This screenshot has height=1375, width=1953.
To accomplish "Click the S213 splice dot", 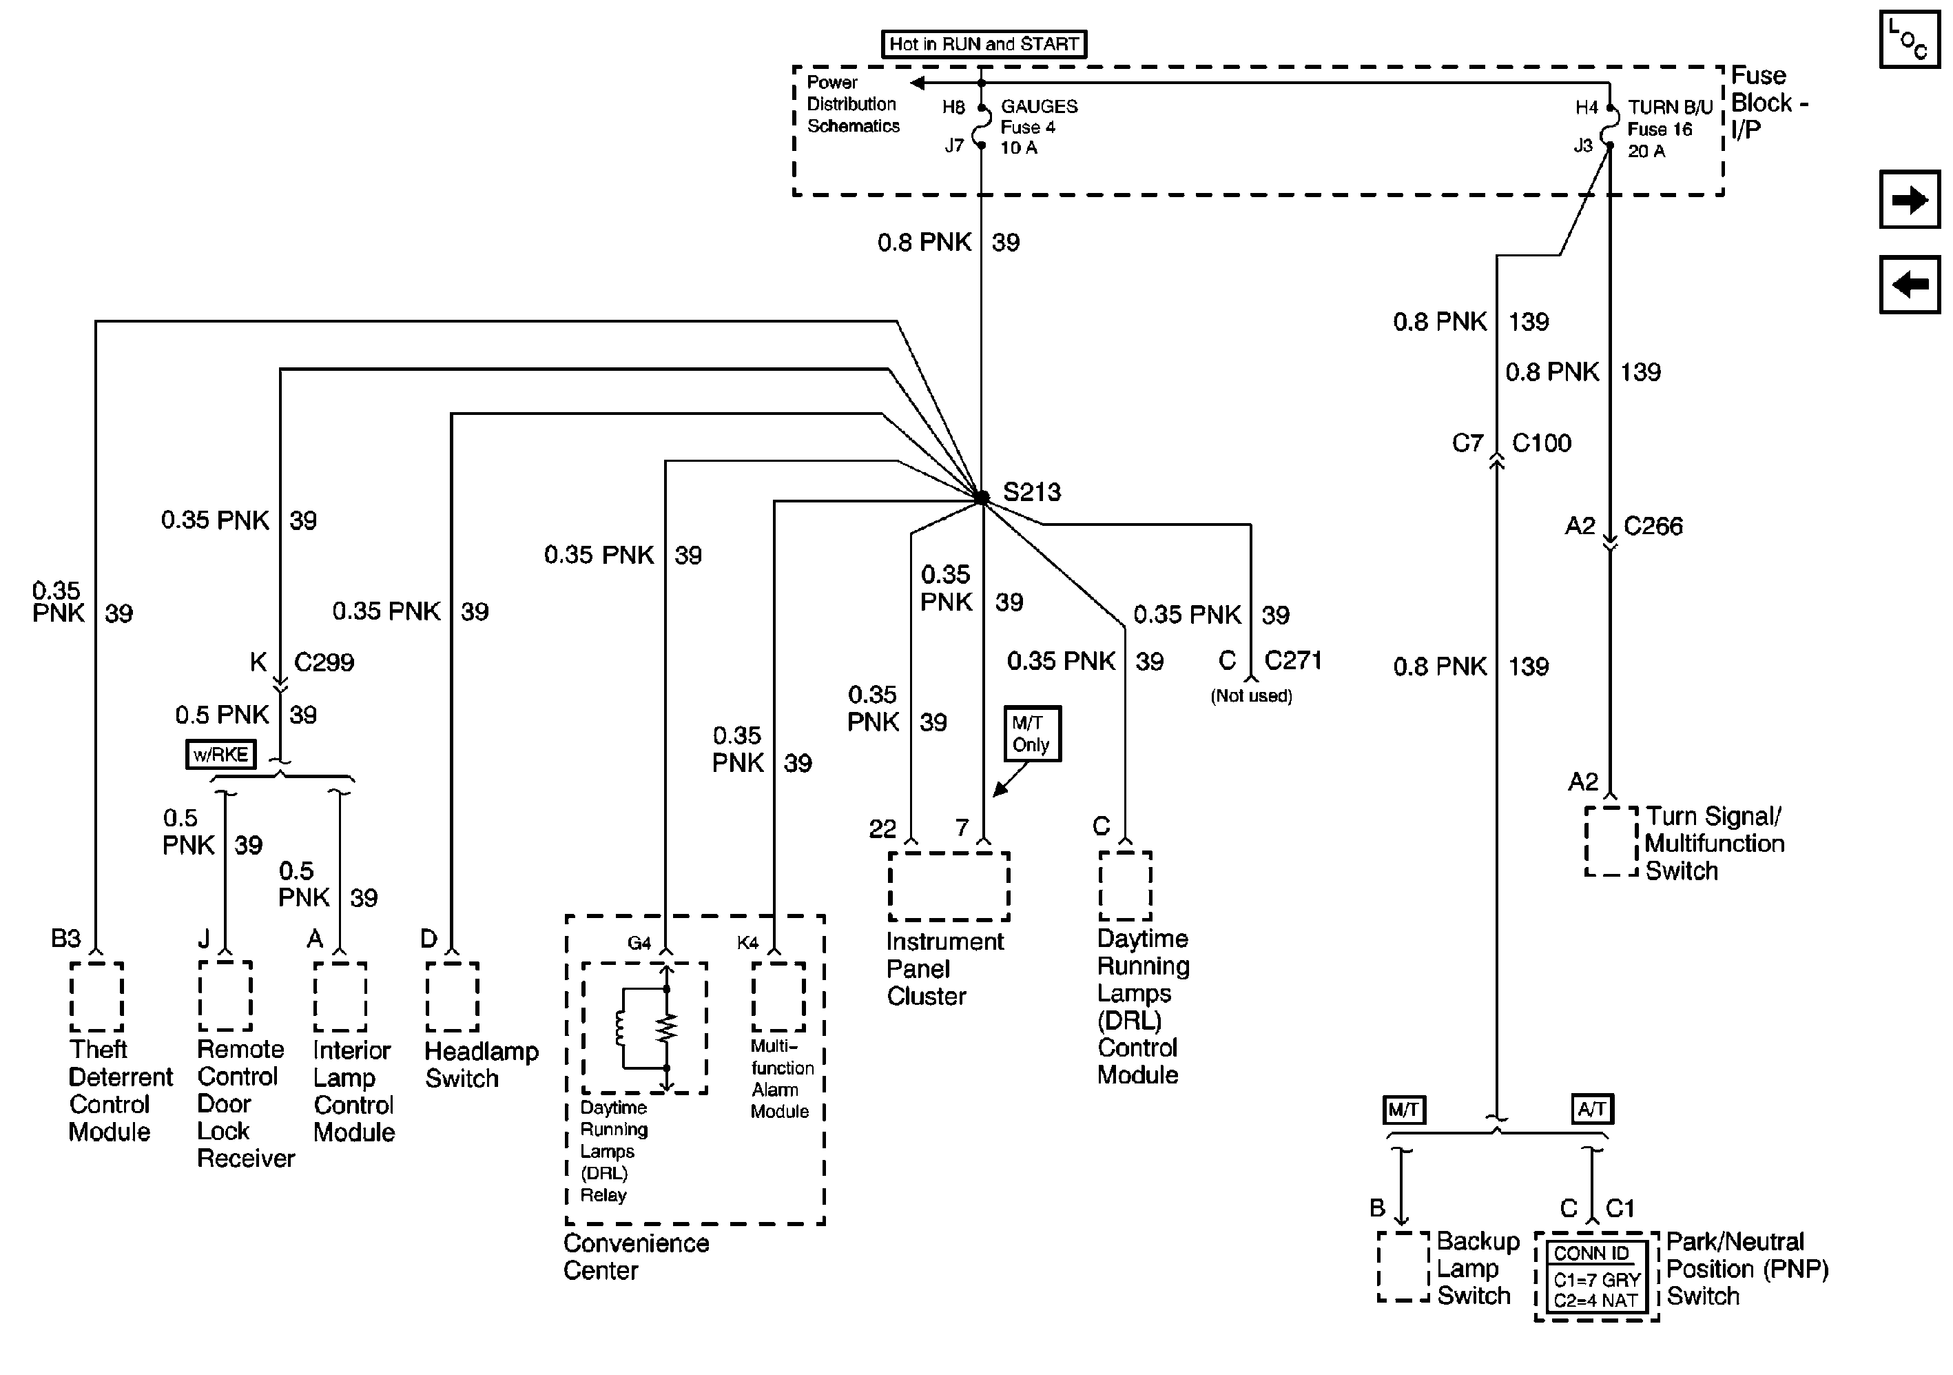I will pyautogui.click(x=982, y=498).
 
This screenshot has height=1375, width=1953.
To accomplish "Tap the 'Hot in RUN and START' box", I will pyautogui.click(x=983, y=44).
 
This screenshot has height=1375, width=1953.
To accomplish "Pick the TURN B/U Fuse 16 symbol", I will pyautogui.click(x=1609, y=127).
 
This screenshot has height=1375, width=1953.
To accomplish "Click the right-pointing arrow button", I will pyautogui.click(x=1910, y=200).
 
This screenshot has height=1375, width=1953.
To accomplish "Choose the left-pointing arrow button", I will pyautogui.click(x=1910, y=284).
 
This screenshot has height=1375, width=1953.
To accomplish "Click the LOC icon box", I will pyautogui.click(x=1910, y=39).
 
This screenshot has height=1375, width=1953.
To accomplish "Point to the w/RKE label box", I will pyautogui.click(x=221, y=755).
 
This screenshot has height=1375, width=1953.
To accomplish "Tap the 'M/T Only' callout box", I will pyautogui.click(x=1031, y=733).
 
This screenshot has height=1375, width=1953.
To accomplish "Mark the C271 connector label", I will pyautogui.click(x=1293, y=660).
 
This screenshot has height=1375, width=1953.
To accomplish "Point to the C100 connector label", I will pyautogui.click(x=1541, y=442).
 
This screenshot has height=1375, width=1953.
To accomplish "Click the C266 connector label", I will pyautogui.click(x=1653, y=526).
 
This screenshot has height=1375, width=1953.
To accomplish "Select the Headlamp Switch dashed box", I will pyautogui.click(x=453, y=997).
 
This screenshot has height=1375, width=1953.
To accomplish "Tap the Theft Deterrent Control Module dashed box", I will pyautogui.click(x=97, y=997).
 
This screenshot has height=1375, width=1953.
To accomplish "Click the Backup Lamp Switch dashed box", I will pyautogui.click(x=1403, y=1266).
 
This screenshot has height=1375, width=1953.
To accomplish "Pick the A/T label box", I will pyautogui.click(x=1591, y=1110).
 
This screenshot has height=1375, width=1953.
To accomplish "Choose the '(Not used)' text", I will pyautogui.click(x=1251, y=696).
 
